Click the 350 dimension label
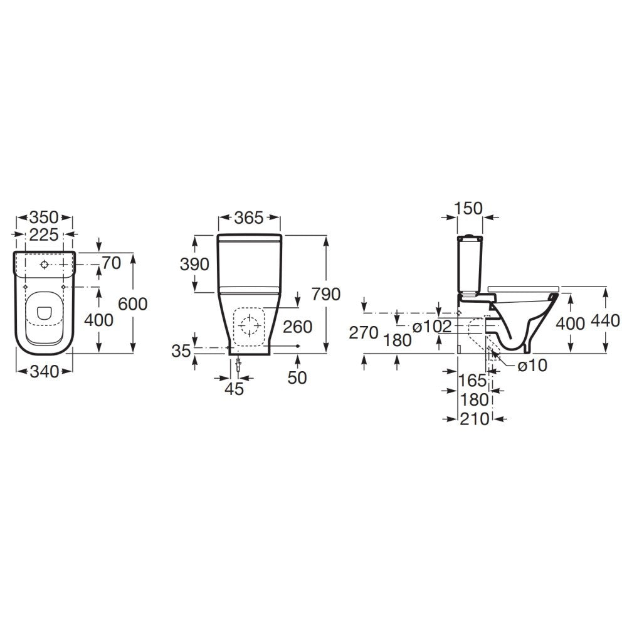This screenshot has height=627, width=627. pos(44,218)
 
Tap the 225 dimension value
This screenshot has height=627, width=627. pos(44,235)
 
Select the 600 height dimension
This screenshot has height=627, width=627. pos(133,304)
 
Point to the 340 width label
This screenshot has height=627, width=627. pos(45,372)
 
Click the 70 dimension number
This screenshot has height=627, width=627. pos(112,263)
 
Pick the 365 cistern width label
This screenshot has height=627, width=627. pos(249,218)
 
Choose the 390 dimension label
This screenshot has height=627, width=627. pos(195,265)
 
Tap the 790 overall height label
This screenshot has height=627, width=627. pos(326,294)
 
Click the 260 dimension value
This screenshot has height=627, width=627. pos(297,327)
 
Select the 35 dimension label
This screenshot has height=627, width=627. pos(181,351)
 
